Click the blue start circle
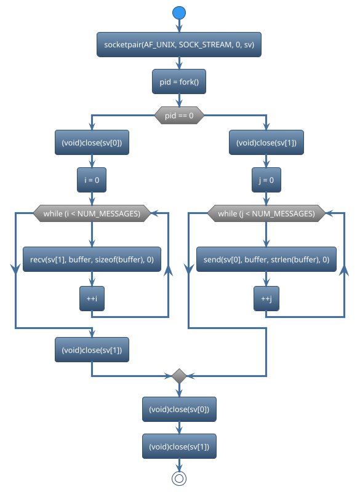click(x=179, y=12)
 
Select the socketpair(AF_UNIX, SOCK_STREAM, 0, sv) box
click(x=179, y=45)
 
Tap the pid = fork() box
click(x=179, y=81)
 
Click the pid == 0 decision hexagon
click(x=179, y=116)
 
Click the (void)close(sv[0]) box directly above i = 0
click(x=92, y=143)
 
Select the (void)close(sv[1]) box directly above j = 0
click(x=266, y=143)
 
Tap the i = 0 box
click(x=92, y=180)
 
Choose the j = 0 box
click(x=266, y=180)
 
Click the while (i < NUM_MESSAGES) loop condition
click(x=92, y=214)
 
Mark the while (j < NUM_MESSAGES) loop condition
click(x=266, y=214)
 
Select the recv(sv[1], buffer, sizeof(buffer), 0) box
click(x=92, y=260)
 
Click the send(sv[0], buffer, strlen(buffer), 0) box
click(x=266, y=260)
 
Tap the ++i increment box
click(x=92, y=298)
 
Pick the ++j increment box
click(x=266, y=298)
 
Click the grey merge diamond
click(x=179, y=375)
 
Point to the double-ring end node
click(x=179, y=478)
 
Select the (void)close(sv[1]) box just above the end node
click(x=179, y=445)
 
